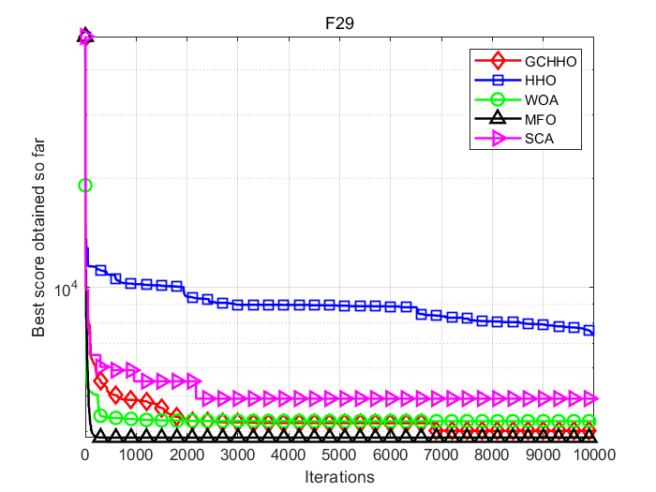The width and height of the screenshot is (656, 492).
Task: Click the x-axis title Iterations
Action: pos(339,477)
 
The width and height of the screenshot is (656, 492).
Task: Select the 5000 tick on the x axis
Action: pos(339,455)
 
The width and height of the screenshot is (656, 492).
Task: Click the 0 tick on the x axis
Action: pos(85,455)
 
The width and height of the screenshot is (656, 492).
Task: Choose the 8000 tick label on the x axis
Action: pos(491,455)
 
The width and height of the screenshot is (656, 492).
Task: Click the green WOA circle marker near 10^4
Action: pos(85,186)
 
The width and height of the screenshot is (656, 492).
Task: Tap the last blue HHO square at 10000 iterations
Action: pos(589,330)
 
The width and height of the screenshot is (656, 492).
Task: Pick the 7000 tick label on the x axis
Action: pos(440,455)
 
